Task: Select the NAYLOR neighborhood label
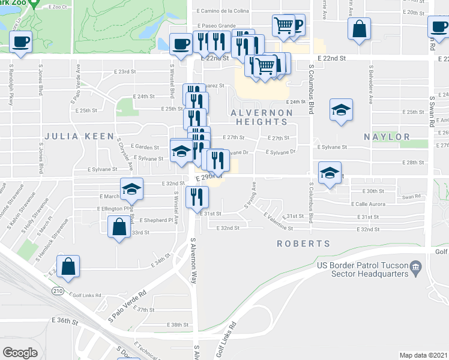pos(387,137)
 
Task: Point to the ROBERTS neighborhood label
pos(304,244)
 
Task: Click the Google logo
pos(20,353)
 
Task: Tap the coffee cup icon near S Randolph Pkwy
pos(21,42)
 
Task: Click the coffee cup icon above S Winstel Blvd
pos(181,44)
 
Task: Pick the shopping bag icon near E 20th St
pos(358,29)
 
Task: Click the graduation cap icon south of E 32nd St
pos(132,190)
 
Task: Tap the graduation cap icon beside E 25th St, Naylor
pos(341,110)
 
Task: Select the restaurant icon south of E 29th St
pos(197,196)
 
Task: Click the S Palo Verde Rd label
pos(126,305)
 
